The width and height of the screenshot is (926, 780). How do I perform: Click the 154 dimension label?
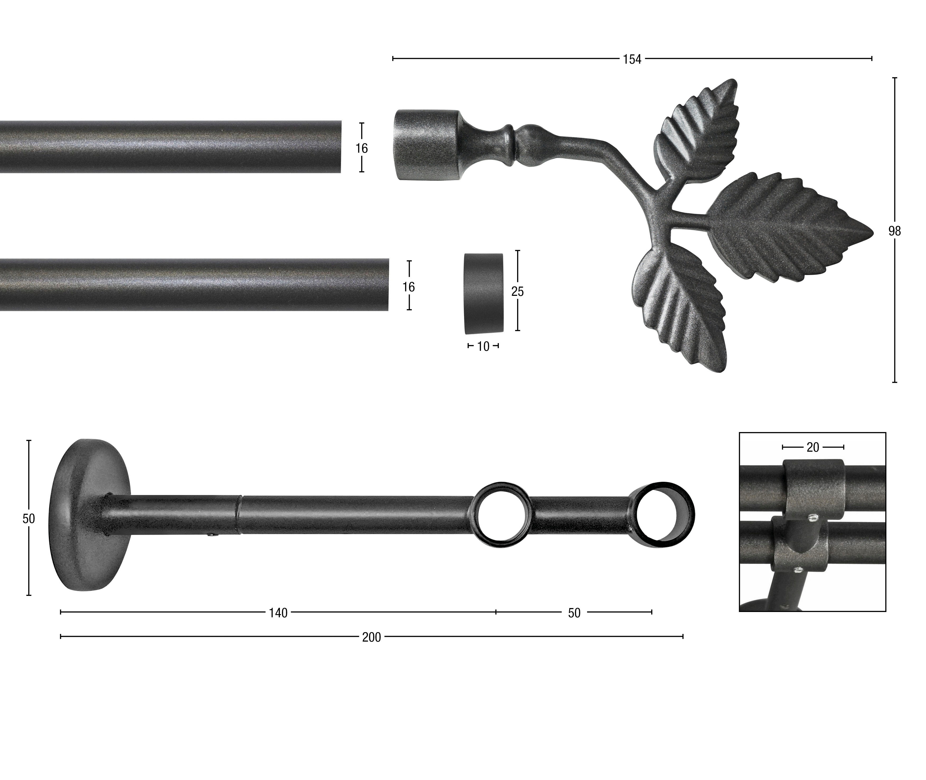click(x=632, y=59)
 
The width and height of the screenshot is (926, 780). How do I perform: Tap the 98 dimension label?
click(x=895, y=231)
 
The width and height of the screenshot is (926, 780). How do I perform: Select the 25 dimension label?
click(x=517, y=291)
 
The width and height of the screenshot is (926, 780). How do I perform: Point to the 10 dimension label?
click(x=483, y=347)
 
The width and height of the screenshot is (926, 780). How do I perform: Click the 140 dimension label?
click(x=278, y=613)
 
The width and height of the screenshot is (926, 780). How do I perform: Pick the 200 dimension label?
click(x=372, y=637)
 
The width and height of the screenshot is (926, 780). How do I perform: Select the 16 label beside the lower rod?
click(x=409, y=287)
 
